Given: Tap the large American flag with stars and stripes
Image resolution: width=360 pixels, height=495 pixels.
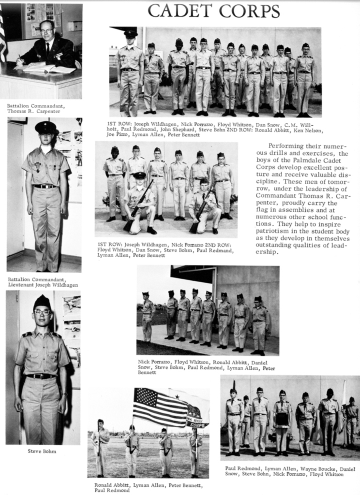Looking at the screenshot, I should pos(160,407).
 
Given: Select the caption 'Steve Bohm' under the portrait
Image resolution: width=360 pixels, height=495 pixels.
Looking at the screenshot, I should pos(42,451).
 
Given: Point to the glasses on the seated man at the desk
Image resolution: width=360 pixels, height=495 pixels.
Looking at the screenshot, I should pos(47,31).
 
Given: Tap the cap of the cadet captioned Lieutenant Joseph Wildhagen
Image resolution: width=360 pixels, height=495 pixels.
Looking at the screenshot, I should pos(46,127).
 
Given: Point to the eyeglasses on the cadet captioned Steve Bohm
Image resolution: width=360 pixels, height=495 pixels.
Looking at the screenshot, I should pos(42,312).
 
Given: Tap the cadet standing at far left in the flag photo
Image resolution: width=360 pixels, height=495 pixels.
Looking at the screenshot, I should pos(100,447).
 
